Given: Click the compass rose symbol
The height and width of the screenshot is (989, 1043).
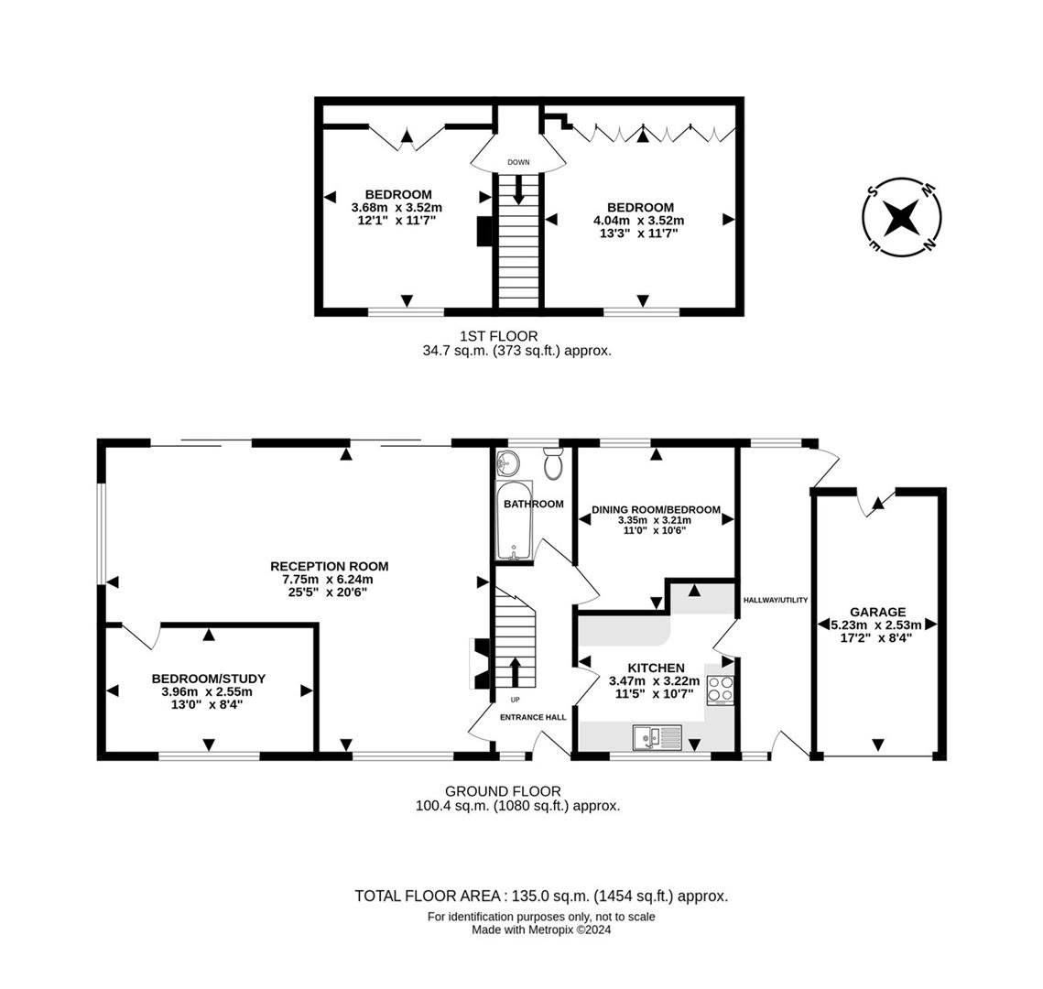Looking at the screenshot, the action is (x=902, y=217).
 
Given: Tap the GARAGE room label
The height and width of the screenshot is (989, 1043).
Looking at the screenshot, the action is (x=877, y=612).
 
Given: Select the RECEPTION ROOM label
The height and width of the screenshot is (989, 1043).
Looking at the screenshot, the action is (x=330, y=567).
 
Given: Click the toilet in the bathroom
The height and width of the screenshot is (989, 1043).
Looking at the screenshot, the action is (x=553, y=462).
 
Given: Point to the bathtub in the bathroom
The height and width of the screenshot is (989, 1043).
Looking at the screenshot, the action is (x=515, y=520).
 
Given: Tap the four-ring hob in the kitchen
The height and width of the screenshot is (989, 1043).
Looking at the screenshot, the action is (x=721, y=689).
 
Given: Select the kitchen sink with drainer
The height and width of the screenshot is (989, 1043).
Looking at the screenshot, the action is (x=657, y=737).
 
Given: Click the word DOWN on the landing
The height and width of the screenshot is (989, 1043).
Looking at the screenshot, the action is (x=518, y=162).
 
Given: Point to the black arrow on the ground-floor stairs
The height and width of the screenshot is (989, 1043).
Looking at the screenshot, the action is (x=515, y=672).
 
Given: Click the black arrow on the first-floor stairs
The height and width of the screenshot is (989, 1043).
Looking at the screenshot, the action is (x=518, y=189).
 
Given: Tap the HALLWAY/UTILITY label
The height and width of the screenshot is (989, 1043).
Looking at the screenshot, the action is (x=775, y=600).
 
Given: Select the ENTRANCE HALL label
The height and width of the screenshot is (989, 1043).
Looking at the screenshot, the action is (x=533, y=718).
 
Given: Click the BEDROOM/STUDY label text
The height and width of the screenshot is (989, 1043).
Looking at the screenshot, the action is (x=209, y=679).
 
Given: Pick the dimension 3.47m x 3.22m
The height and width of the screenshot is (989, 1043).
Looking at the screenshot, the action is (x=655, y=681).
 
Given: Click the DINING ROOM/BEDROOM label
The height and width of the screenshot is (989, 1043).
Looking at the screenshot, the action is (x=656, y=510).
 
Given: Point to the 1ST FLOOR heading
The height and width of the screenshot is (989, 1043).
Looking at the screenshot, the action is (x=499, y=337).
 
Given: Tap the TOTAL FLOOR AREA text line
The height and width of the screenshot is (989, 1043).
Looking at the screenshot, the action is (x=541, y=896).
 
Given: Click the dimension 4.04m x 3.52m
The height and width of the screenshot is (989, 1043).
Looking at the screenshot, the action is (x=638, y=221).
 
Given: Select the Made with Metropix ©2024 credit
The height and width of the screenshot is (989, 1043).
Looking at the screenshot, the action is (x=541, y=929).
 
